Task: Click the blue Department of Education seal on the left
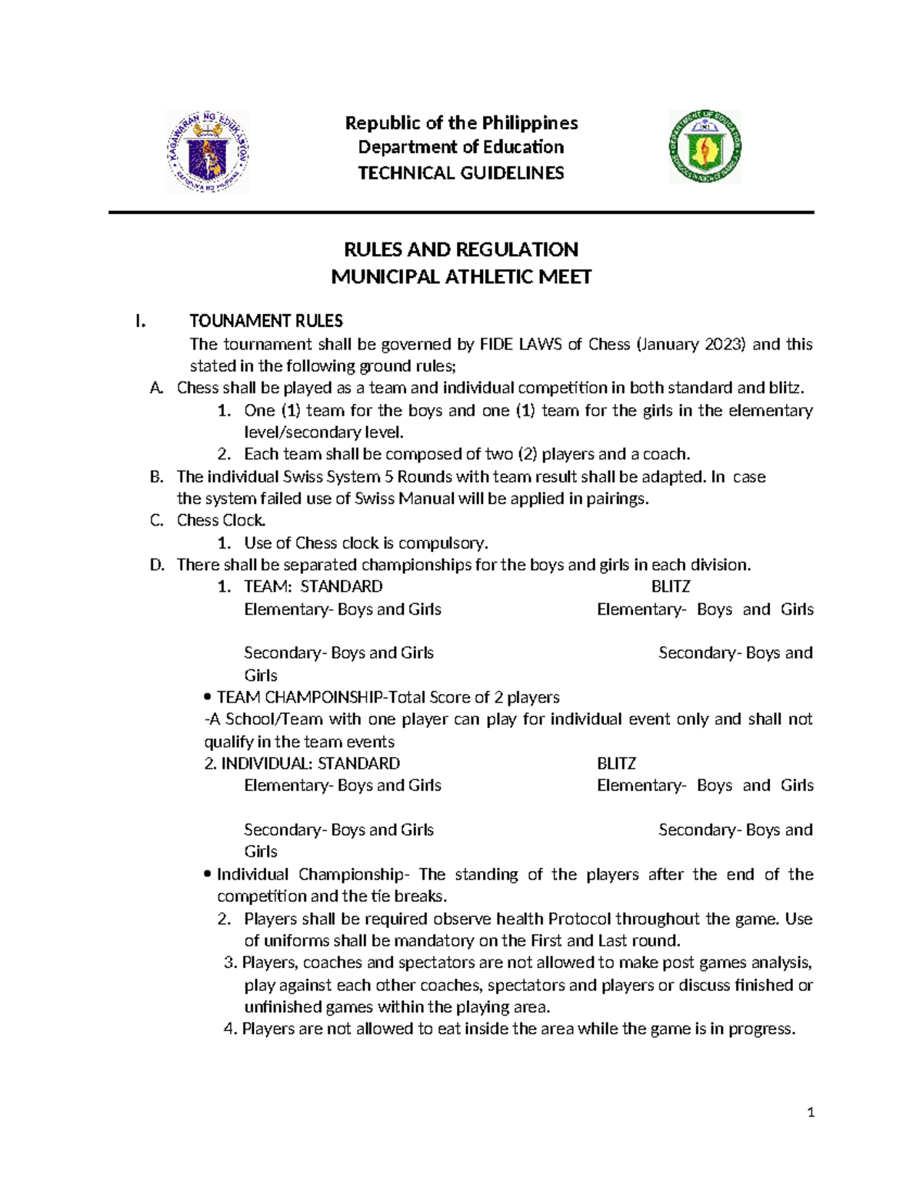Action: pyautogui.click(x=207, y=152)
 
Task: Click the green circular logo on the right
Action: pyautogui.click(x=705, y=146)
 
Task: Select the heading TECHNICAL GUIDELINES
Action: pyautogui.click(x=461, y=173)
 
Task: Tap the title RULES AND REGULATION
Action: pyautogui.click(x=461, y=249)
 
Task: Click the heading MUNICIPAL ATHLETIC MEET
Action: pyautogui.click(x=461, y=277)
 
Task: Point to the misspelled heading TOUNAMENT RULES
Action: pyautogui.click(x=266, y=321)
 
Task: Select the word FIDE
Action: pyautogui.click(x=497, y=344)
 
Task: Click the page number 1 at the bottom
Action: pyautogui.click(x=811, y=1112)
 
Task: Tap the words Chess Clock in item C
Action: pyautogui.click(x=221, y=520)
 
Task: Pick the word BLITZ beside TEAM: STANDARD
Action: pyautogui.click(x=671, y=586)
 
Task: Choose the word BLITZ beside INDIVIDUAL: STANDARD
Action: pyautogui.click(x=616, y=763)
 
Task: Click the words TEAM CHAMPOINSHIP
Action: pyautogui.click(x=299, y=697)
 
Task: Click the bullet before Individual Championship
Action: pyautogui.click(x=208, y=874)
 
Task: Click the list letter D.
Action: pyautogui.click(x=157, y=565)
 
